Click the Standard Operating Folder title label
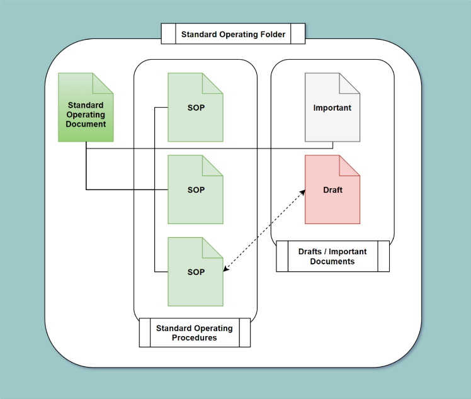coord(233,34)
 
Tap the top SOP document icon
coord(195,107)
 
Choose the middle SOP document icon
coord(195,189)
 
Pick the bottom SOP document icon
coord(195,272)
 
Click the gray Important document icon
coord(332,107)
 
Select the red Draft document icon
coord(332,189)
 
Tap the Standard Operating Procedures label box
coord(195,332)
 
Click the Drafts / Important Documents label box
coord(332,256)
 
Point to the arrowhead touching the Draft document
coord(303,193)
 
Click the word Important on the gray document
coord(332,108)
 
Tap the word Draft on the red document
coord(332,189)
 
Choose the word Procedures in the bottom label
coord(195,337)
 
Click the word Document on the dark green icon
coord(86,124)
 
